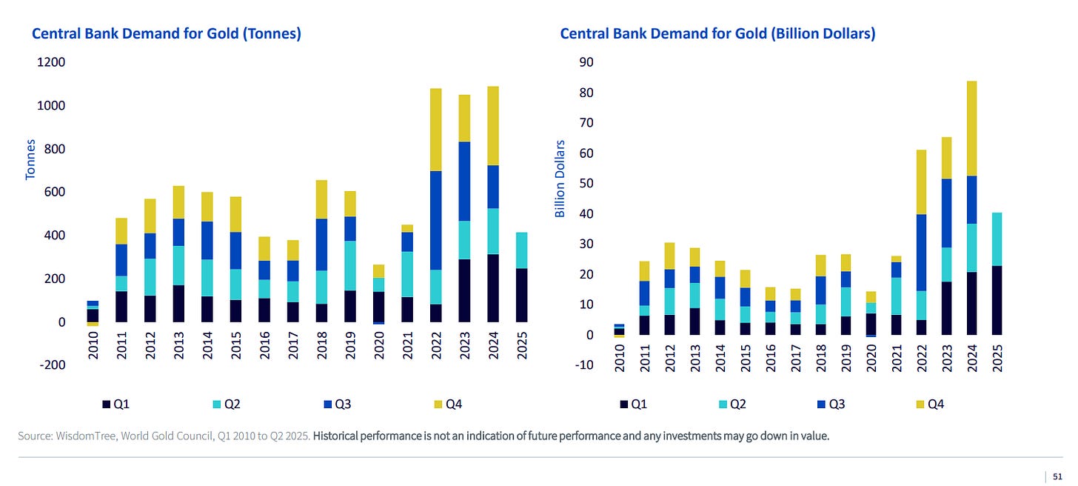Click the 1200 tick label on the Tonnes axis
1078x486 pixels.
point(50,63)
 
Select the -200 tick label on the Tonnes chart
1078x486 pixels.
point(51,365)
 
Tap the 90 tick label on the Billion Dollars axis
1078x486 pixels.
point(586,63)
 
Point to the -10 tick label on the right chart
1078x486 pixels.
point(584,365)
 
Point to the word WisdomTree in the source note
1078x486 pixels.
point(79,436)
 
